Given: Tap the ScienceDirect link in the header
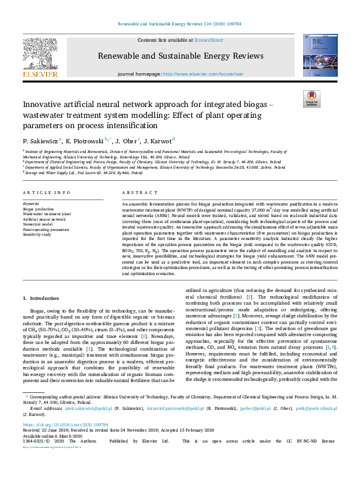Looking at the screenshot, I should tap(208, 39).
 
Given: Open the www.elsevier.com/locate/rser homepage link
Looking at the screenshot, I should tap(198, 74).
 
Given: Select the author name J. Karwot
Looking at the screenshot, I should tap(157, 140).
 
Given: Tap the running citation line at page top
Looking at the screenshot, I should tap(180, 25).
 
